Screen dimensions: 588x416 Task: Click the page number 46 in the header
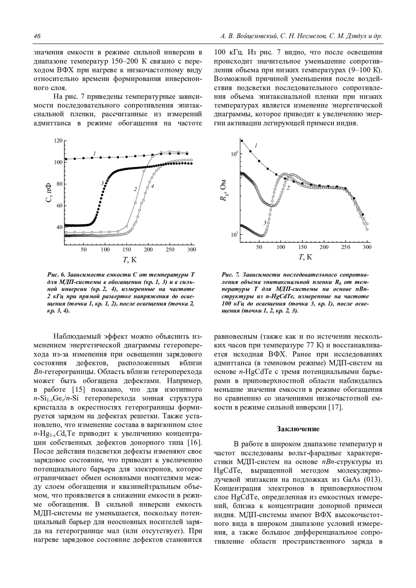click(37, 36)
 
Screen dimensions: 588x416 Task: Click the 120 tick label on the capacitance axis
click(58, 141)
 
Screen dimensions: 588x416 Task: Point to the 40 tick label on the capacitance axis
click(59, 227)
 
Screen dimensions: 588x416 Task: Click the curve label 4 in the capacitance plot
click(153, 186)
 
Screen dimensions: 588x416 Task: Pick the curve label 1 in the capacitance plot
click(94, 153)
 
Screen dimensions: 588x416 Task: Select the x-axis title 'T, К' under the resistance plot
click(305, 257)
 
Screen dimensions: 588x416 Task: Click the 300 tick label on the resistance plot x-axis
click(367, 247)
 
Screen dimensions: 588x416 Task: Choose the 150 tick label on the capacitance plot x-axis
click(127, 249)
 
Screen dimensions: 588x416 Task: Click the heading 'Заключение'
click(298, 429)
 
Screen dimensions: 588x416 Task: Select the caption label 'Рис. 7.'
click(231, 275)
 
